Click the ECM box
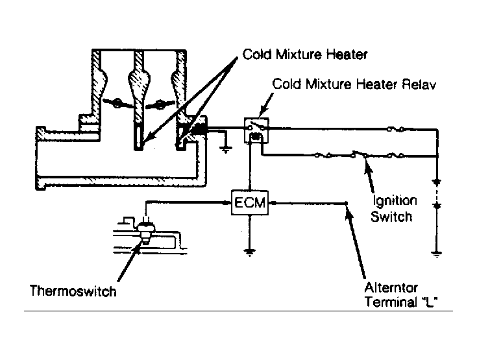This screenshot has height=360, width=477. pyautogui.click(x=250, y=202)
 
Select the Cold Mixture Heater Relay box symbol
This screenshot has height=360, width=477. pyautogui.click(x=256, y=130)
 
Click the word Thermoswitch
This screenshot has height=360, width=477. pyautogui.click(x=73, y=291)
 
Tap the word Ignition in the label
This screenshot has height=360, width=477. pyautogui.click(x=395, y=201)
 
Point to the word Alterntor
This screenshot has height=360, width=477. pyautogui.click(x=391, y=287)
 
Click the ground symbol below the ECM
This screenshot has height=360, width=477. pyautogui.click(x=249, y=252)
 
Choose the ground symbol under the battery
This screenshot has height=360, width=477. pyautogui.click(x=437, y=254)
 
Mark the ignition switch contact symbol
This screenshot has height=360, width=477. pyautogui.click(x=360, y=154)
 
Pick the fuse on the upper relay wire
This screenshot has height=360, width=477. pyautogui.click(x=395, y=129)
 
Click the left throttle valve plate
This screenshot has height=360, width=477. pyautogui.click(x=117, y=104)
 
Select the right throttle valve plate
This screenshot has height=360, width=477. pyautogui.click(x=160, y=104)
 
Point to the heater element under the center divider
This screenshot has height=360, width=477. pyautogui.click(x=139, y=138)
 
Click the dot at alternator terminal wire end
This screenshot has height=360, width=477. pyautogui.click(x=346, y=203)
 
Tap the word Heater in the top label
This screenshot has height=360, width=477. pyautogui.click(x=347, y=54)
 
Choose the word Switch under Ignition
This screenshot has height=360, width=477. pyautogui.click(x=391, y=217)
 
